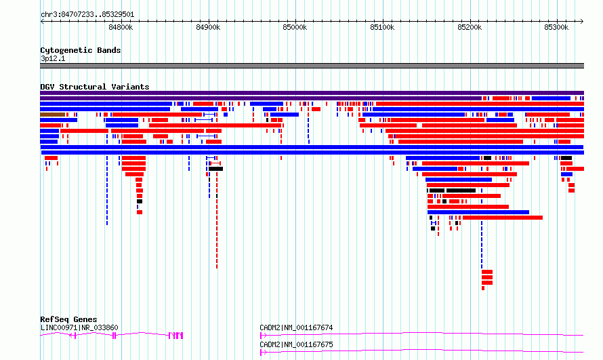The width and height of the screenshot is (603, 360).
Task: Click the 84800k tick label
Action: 121,27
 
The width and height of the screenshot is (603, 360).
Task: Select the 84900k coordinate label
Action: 208,27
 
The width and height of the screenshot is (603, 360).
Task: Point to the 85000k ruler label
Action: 295,27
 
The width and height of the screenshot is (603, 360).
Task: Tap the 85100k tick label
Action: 382,27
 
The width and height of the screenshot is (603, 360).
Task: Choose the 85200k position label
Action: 470,27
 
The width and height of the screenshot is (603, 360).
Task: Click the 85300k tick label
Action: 556,27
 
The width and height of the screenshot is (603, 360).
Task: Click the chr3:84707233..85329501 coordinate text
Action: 87,15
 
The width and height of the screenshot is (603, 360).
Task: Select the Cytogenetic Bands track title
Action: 81,50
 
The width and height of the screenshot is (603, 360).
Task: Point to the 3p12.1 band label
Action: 53,58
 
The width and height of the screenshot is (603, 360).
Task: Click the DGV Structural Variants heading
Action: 95,87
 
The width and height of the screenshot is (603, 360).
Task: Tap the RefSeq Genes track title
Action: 68,319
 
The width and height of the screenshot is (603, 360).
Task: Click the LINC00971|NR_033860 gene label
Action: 79,327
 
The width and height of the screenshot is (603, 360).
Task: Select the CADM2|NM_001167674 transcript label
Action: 296,327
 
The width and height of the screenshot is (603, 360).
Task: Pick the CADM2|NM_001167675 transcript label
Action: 296,344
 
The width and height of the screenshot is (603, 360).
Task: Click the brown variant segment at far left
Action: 52,115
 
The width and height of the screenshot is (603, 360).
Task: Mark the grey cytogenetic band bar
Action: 312,66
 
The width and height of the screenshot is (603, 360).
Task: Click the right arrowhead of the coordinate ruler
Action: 582,22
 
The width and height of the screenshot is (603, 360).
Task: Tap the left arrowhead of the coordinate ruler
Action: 42,22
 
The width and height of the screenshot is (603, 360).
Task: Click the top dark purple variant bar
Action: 312,93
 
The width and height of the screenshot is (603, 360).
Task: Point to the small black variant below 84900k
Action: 215,169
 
